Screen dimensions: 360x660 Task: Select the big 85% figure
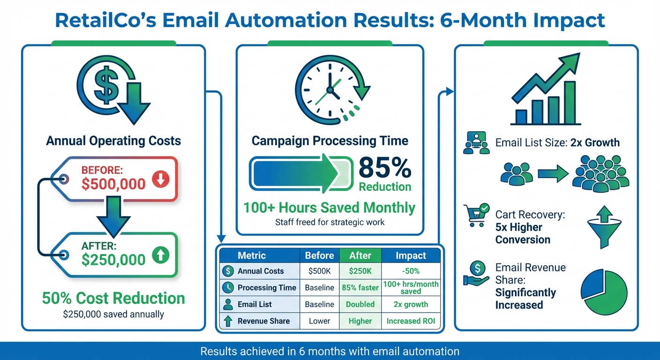click(384, 168)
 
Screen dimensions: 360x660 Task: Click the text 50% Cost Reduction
click(113, 298)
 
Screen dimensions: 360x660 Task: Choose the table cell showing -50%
click(411, 271)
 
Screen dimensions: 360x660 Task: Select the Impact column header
click(411, 255)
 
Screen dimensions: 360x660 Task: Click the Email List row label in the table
click(255, 304)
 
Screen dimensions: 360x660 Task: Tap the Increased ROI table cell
click(411, 321)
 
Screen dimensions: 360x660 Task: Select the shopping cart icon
click(475, 216)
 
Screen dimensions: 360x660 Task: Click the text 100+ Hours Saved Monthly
click(329, 207)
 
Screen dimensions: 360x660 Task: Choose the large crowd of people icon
click(600, 174)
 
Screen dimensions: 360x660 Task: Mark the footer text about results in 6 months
click(330, 351)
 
